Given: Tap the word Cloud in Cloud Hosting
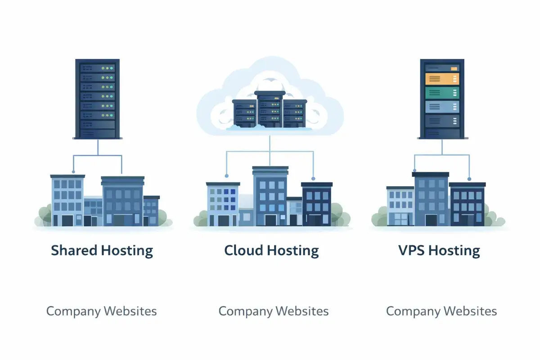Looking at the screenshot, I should coord(242,251).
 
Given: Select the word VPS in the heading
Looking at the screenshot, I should coord(411,251).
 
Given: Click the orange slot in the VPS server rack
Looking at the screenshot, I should coord(442,79).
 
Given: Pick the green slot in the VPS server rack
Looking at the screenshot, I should coord(442,93).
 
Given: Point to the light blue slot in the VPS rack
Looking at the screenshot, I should coord(442,107).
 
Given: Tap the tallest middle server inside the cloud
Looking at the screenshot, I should coord(270,109).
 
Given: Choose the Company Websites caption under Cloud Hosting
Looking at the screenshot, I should coord(274,311).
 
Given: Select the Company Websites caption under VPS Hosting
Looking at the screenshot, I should coord(441,311).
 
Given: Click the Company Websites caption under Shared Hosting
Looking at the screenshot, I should coord(102,311).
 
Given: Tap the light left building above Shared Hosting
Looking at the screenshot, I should coord(67,200).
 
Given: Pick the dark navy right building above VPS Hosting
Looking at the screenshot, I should coord(468,204).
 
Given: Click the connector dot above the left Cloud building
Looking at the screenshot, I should coord(226,175).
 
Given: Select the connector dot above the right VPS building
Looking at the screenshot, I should coord(469,179).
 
